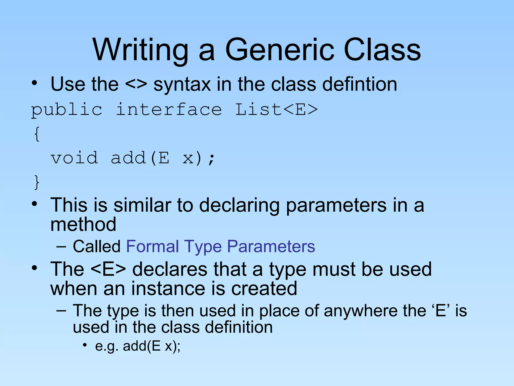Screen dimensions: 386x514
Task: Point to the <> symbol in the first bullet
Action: (x=136, y=84)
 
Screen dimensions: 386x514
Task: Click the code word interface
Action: (x=169, y=110)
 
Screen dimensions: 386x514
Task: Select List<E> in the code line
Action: (x=276, y=110)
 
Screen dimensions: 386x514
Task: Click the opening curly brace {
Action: (x=37, y=134)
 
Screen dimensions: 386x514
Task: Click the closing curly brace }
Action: (x=37, y=182)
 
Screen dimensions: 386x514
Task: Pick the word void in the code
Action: (x=74, y=158)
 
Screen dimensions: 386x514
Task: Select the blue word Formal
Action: (x=152, y=246)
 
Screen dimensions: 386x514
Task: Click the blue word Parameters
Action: (x=271, y=246)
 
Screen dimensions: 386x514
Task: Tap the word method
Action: (x=83, y=224)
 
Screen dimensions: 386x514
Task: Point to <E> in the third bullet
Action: (x=108, y=269)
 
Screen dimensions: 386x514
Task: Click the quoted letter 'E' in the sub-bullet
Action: (x=441, y=311)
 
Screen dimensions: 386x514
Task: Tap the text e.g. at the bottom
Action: (x=106, y=346)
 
